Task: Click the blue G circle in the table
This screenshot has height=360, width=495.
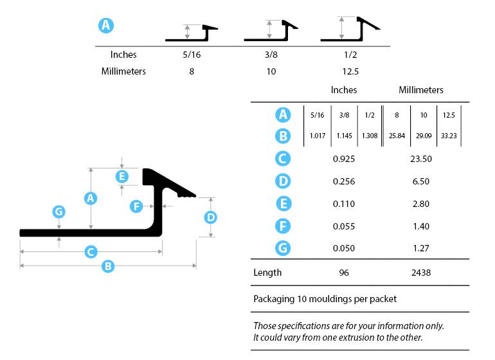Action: coord(283,248)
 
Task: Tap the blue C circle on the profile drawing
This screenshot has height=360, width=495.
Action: coord(91,251)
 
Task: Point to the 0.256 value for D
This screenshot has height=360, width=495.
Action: coord(344,182)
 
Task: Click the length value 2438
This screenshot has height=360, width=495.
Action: coord(421,273)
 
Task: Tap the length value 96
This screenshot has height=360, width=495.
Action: coord(344,273)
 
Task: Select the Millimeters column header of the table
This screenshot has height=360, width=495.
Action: coord(421,90)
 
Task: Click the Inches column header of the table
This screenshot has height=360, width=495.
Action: coord(344,90)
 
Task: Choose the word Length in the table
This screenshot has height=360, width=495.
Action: coord(267,273)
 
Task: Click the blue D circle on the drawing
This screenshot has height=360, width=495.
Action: coord(210,217)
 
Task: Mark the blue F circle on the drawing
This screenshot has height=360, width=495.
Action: coord(136,206)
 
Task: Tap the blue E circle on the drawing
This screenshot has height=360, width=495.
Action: coord(122,175)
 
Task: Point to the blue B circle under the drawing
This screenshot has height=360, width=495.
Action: coord(108,265)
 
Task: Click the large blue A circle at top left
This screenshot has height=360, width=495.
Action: coord(106,26)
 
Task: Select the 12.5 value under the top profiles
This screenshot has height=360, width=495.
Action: coord(351,71)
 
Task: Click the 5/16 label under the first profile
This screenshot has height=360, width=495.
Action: coord(192,55)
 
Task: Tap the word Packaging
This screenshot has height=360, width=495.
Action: coord(274,299)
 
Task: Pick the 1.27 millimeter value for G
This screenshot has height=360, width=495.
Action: coord(421,248)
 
